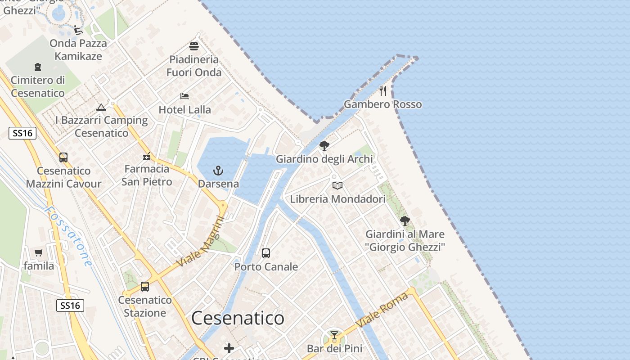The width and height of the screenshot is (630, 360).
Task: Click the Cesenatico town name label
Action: pyautogui.click(x=238, y=318)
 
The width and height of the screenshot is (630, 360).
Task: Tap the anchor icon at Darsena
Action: pyautogui.click(x=218, y=171)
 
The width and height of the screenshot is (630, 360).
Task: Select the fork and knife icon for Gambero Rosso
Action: pyautogui.click(x=383, y=91)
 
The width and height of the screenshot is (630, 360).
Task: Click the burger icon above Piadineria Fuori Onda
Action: pyautogui.click(x=194, y=46)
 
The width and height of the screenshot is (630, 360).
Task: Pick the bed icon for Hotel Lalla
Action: pyautogui.click(x=184, y=96)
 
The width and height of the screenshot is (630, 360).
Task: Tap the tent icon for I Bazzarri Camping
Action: pyautogui.click(x=101, y=107)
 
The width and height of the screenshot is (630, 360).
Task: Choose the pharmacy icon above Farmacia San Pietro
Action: pyautogui.click(x=147, y=157)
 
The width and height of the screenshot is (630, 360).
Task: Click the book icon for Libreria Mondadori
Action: pyautogui.click(x=337, y=185)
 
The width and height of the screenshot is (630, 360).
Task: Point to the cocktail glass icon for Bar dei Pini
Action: pyautogui.click(x=334, y=335)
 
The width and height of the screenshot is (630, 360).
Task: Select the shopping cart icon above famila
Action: pyautogui.click(x=39, y=253)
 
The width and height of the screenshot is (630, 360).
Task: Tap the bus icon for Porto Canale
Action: pyautogui.click(x=266, y=253)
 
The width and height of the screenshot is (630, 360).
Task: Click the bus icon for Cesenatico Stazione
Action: pyautogui.click(x=145, y=287)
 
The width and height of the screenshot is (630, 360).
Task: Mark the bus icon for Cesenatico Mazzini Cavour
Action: pyautogui.click(x=63, y=157)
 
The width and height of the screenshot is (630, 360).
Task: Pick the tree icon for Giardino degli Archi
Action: pyautogui.click(x=324, y=146)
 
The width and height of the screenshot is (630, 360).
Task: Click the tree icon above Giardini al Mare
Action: pyautogui.click(x=405, y=221)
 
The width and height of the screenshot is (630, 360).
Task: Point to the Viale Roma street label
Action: pyautogui.click(x=382, y=310)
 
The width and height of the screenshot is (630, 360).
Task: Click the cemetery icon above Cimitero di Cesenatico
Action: pyautogui.click(x=38, y=67)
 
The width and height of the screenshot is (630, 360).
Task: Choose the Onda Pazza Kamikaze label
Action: pyautogui.click(x=78, y=49)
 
